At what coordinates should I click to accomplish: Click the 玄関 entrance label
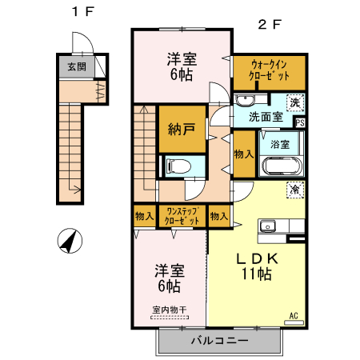(76, 66)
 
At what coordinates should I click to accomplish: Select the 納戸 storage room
(182, 129)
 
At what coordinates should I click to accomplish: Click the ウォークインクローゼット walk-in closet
(269, 73)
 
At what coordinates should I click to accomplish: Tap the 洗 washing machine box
(295, 102)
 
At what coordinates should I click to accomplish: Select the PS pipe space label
(300, 122)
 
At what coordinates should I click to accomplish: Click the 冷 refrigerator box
(295, 190)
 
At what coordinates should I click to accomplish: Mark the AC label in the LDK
(294, 315)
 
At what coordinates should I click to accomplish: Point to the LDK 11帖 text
(255, 266)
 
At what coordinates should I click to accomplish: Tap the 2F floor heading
(270, 24)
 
